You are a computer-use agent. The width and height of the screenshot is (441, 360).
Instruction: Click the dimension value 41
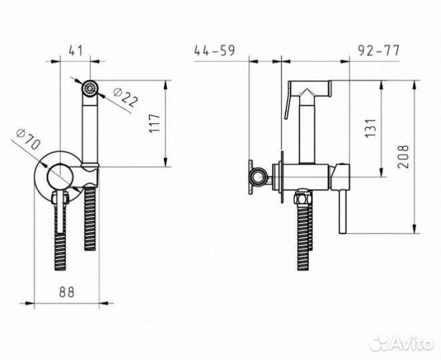coord(75,51)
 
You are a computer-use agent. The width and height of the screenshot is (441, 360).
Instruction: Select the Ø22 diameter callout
coord(126,97)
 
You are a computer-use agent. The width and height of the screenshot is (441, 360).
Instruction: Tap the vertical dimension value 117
coord(154,123)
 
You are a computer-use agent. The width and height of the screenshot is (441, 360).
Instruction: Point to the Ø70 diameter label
coord(29,139)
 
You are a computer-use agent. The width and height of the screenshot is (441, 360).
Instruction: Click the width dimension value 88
coord(67,292)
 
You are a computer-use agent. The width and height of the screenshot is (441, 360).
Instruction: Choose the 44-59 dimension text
coord(214,51)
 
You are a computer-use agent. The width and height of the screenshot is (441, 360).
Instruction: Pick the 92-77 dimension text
coord(378,51)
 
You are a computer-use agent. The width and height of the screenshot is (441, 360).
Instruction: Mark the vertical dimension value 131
coord(370,128)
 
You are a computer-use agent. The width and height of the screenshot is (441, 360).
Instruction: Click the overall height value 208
coord(403,157)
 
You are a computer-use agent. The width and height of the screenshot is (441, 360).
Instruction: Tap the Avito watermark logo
coord(402,343)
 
